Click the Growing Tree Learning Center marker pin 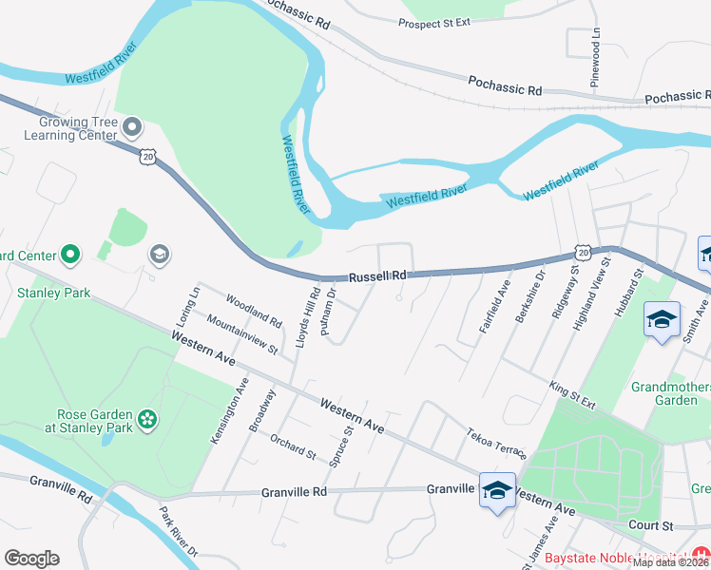pyautogui.click(x=132, y=125)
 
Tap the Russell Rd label pyautogui.click(x=377, y=276)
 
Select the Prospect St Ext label pyautogui.click(x=434, y=23)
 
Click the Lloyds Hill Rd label pyautogui.click(x=307, y=318)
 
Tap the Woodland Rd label pyautogui.click(x=255, y=310)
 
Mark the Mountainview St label pyautogui.click(x=240, y=336)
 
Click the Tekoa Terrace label pyautogui.click(x=495, y=442)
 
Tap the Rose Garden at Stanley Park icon pyautogui.click(x=146, y=419)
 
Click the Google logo pyautogui.click(x=31, y=559)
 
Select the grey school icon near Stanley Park pyautogui.click(x=159, y=254)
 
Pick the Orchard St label pyautogui.click(x=292, y=446)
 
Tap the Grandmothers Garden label pyautogui.click(x=671, y=393)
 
